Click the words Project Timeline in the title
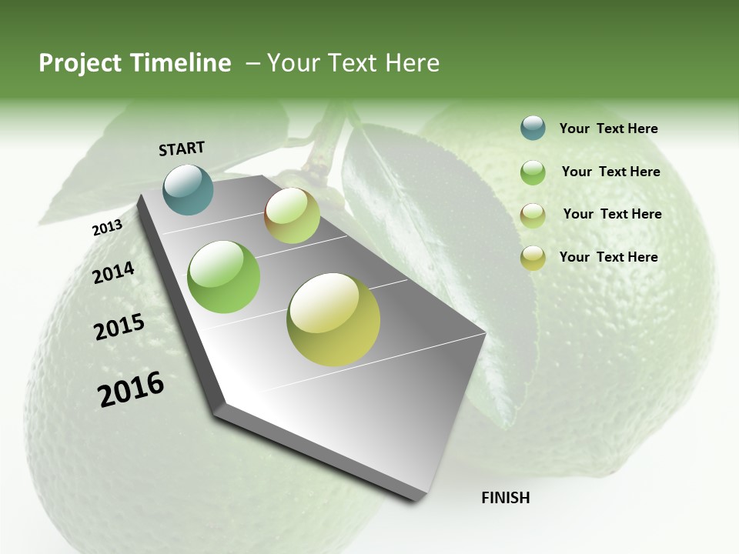(135, 63)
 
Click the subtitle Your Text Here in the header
(353, 63)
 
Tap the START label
(182, 149)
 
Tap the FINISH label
(505, 498)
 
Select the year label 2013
(107, 228)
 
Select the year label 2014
(113, 273)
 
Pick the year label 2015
(119, 327)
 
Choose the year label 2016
(131, 389)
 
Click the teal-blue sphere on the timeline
(189, 189)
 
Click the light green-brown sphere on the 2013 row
(292, 215)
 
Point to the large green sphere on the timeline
(224, 277)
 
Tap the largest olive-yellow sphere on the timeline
(333, 319)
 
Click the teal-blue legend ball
(533, 128)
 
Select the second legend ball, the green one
(533, 172)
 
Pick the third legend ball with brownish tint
(533, 215)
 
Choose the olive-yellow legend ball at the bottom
(533, 258)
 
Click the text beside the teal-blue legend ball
(608, 129)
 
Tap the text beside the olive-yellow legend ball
(608, 257)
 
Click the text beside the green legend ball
(610, 172)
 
